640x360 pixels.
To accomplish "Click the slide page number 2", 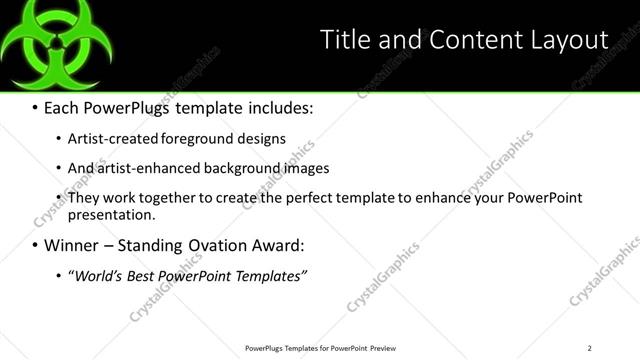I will pos(589,348).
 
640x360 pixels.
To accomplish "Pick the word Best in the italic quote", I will pos(144,275).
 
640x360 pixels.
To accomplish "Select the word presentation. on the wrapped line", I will pos(112,214).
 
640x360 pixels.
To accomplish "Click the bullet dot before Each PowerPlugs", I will pos(35,106).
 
